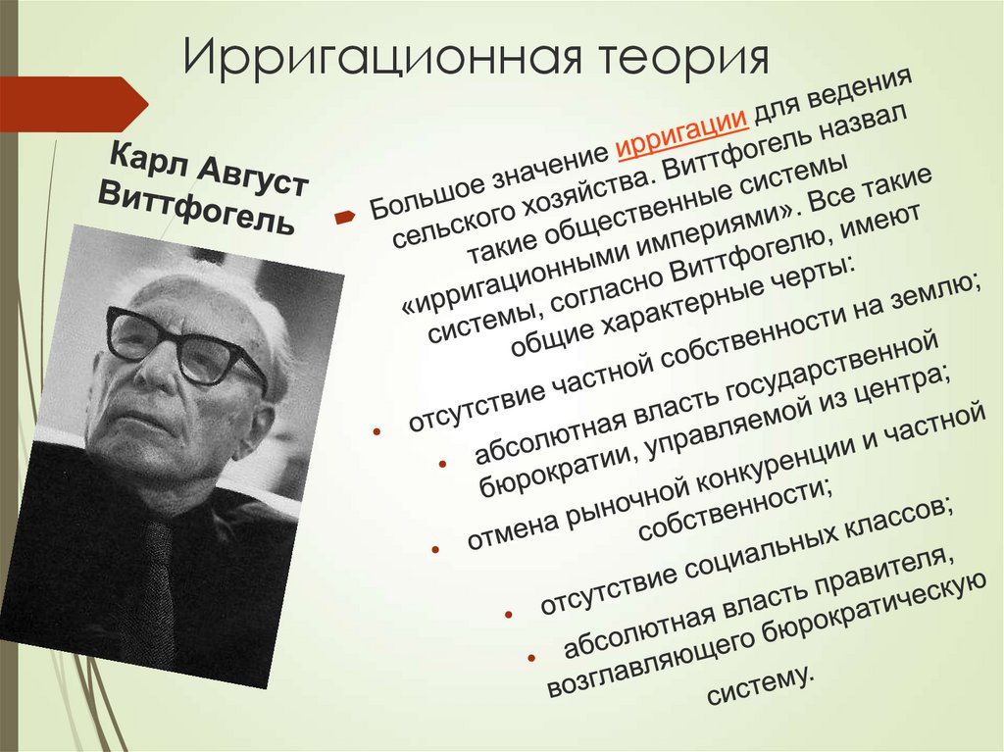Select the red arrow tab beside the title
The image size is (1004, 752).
[74, 104]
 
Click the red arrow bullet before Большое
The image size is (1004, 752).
[344, 218]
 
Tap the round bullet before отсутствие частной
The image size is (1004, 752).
[376, 432]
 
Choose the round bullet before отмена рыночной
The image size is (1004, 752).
[436, 550]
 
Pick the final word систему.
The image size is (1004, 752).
[760, 685]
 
